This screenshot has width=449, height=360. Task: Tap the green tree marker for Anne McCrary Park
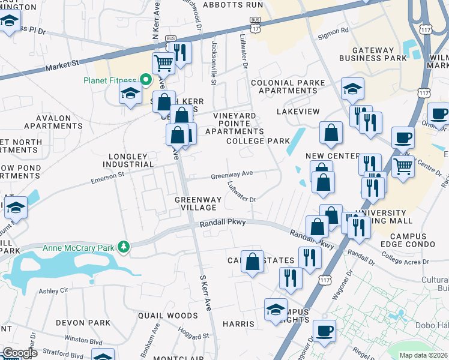[124, 247]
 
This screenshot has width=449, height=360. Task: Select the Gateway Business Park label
[373, 53]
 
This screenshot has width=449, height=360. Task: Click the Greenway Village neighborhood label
[195, 203]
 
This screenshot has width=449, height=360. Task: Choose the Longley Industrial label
[128, 160]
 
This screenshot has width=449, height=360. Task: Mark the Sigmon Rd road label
[337, 31]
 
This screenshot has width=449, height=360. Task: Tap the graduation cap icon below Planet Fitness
[130, 93]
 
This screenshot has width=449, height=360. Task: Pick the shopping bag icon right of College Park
[331, 133]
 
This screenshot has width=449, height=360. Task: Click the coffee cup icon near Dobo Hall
[324, 330]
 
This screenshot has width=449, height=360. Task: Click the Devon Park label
[83, 323]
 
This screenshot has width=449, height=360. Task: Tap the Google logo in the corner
[20, 353]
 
